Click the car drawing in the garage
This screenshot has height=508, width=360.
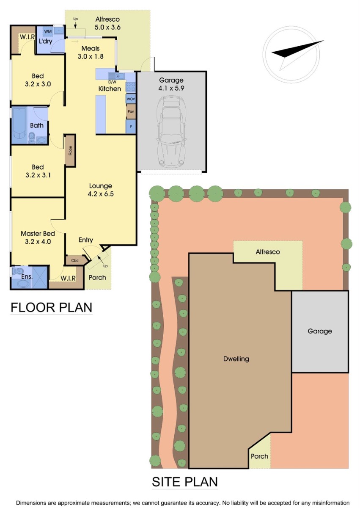pos(171,131)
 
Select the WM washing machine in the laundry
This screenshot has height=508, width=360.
pos(48,31)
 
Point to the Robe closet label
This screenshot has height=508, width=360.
pos(70,151)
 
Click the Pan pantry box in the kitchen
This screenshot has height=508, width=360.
pos(131,111)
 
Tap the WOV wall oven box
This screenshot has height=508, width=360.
pos(131,99)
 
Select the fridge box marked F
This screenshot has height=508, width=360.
pos(131,127)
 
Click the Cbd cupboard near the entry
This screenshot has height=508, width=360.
pos(75,260)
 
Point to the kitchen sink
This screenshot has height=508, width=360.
pos(116,75)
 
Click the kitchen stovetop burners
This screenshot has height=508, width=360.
pos(131,87)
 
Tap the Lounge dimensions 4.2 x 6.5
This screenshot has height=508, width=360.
pos(101,194)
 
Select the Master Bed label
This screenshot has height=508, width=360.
pos(38,234)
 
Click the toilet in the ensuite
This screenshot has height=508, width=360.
pos(18,271)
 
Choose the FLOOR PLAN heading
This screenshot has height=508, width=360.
pos(52,307)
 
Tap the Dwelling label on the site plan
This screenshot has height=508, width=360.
pos(236,359)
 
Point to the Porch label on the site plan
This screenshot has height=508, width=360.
pos(259,456)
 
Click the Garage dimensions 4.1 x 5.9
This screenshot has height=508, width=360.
pos(171,88)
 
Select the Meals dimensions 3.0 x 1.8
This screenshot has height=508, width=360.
pos(91,56)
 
